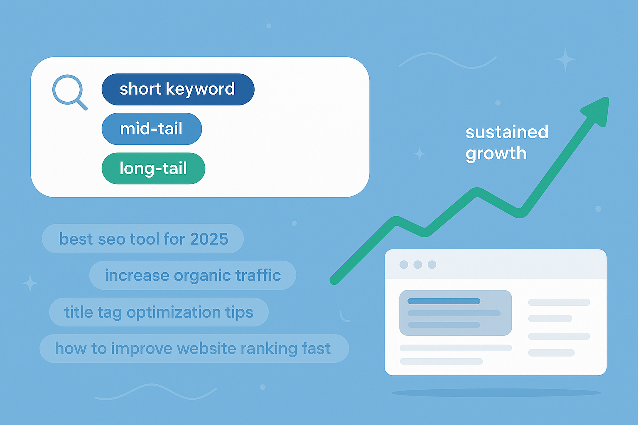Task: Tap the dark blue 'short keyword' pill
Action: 178,89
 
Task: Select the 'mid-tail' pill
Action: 152,129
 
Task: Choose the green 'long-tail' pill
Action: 153,169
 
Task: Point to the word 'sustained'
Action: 507,132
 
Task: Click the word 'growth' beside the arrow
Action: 496,154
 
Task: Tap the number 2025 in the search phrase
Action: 209,239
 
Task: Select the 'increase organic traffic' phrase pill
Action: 193,275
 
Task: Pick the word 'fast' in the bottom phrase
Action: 317,349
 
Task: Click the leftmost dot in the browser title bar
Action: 403,265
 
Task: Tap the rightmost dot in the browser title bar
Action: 432,265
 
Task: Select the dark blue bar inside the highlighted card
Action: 444,301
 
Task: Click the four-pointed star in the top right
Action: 565,59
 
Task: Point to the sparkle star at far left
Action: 30,283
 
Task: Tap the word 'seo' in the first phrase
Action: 111,239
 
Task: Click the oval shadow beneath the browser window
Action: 496,392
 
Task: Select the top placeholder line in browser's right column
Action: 559,302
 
